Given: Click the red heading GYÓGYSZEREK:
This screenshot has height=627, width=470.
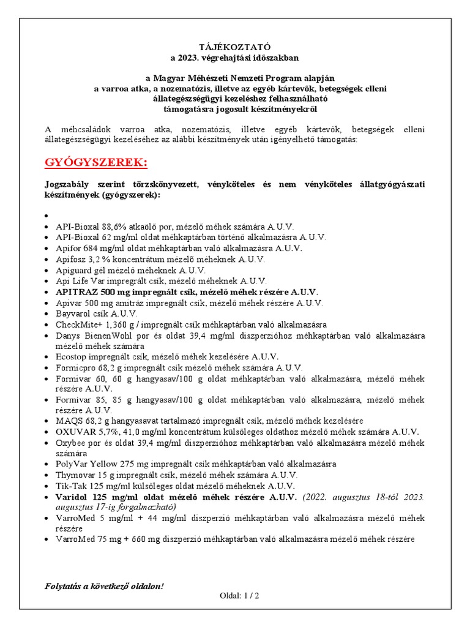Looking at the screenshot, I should coord(96,163).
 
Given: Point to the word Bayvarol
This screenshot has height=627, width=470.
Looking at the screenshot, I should coord(72,313).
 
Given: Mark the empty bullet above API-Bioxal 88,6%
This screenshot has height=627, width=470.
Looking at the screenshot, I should coord(47,216).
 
